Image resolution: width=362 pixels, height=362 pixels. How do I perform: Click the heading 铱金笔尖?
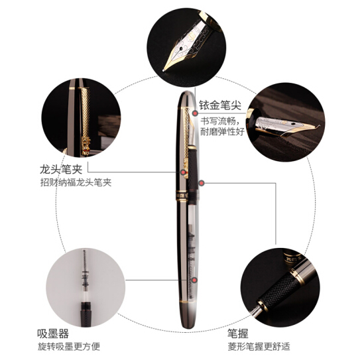(220, 105)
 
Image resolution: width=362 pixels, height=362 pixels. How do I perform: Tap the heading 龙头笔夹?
(61, 169)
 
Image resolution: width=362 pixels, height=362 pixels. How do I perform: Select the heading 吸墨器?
(53, 333)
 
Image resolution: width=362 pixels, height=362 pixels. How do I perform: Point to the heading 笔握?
(238, 333)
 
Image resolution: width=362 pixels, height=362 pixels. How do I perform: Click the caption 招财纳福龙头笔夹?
(76, 182)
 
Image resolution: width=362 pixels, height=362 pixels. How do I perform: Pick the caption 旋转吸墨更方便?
(69, 347)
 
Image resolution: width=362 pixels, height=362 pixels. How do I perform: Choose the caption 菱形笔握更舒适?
(259, 347)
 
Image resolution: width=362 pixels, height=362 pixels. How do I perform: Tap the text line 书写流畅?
(221, 121)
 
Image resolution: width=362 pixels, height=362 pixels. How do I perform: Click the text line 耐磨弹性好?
(222, 132)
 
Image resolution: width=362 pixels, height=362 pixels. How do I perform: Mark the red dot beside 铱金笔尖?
(196, 113)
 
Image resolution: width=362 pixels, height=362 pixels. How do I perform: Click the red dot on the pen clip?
(183, 172)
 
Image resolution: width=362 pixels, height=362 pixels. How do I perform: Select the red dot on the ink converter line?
(195, 280)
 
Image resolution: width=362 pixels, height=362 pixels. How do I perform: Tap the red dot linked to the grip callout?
(202, 183)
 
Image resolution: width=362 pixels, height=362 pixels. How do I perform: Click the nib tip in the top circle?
(164, 70)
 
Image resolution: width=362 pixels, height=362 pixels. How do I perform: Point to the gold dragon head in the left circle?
(86, 145)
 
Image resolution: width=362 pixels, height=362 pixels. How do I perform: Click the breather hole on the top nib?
(180, 48)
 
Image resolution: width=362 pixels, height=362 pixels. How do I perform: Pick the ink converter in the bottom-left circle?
(86, 288)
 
